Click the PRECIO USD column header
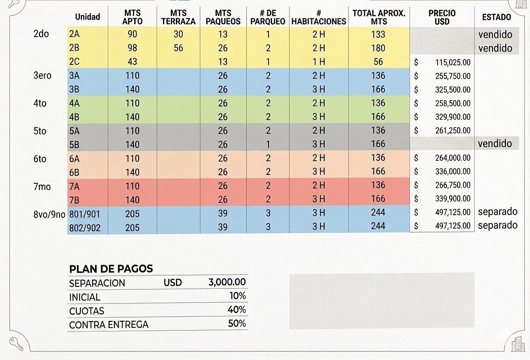pyautogui.click(x=442, y=17)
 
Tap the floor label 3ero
pyautogui.click(x=42, y=76)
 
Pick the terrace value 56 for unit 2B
pyautogui.click(x=178, y=48)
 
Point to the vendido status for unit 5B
pyautogui.click(x=495, y=144)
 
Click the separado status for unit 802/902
pyautogui.click(x=497, y=225)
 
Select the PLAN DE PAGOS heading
pyautogui.click(x=111, y=269)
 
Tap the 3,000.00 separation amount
pyautogui.click(x=227, y=282)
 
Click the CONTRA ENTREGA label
pyautogui.click(x=109, y=325)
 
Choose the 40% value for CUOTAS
pyautogui.click(x=237, y=310)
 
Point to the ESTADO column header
pyautogui.click(x=496, y=17)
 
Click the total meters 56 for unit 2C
pyautogui.click(x=378, y=62)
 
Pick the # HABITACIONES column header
pyautogui.click(x=318, y=17)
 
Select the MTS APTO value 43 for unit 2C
pyautogui.click(x=132, y=62)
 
